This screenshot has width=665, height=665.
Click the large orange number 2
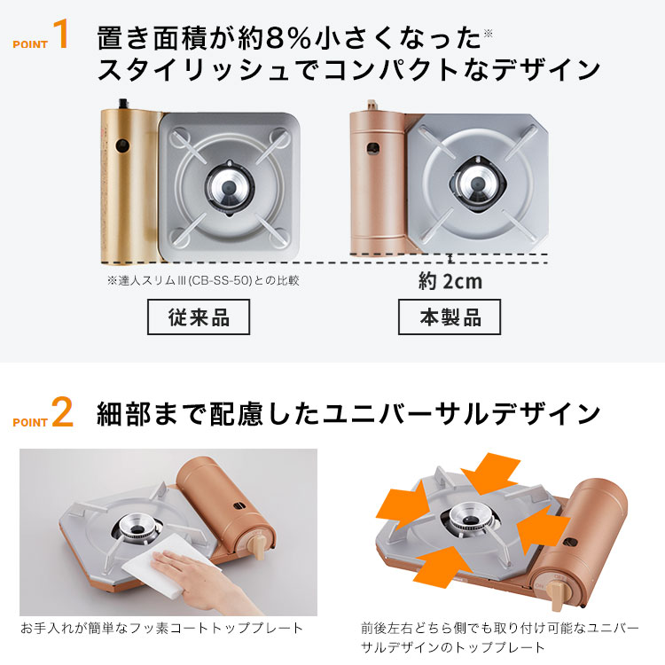click(62, 414)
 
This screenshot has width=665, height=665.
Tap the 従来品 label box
click(199, 317)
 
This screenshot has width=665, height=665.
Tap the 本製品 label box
click(450, 317)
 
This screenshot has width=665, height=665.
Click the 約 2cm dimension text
click(450, 281)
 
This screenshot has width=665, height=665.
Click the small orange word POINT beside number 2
click(30, 422)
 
